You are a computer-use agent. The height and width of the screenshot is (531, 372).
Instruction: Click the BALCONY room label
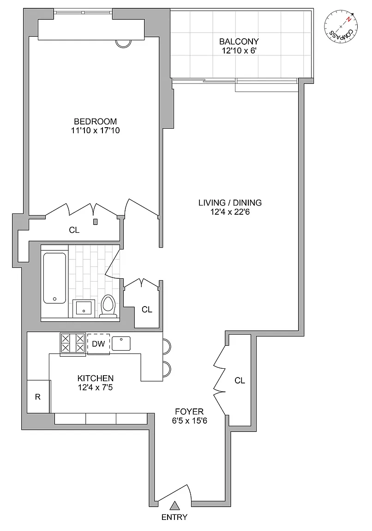[x=239, y=41]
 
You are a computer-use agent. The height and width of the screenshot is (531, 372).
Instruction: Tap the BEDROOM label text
[x=95, y=121]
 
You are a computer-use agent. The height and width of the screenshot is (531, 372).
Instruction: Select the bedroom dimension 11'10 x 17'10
[x=95, y=131]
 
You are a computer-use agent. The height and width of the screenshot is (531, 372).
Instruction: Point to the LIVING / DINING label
[x=230, y=203]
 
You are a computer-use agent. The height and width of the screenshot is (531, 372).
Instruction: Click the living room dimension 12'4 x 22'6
[x=230, y=212]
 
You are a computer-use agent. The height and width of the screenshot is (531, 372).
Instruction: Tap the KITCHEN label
[x=95, y=378]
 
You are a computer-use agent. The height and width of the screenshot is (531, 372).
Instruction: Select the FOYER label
[x=189, y=412]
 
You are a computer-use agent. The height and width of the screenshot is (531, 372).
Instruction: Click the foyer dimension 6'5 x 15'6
[x=189, y=421]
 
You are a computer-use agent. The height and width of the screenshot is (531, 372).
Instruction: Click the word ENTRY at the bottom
[x=174, y=517]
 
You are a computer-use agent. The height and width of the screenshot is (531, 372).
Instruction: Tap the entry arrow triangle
[x=174, y=506]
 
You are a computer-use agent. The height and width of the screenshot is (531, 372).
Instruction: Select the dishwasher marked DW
[x=98, y=344]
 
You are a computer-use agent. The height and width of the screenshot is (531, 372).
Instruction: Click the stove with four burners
[x=72, y=344]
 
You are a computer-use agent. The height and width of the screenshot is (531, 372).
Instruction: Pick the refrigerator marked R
[x=38, y=396]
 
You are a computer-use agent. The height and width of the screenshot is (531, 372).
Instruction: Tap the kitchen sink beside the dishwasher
[x=121, y=343]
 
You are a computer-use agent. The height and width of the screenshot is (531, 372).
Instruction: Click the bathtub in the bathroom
[x=54, y=278]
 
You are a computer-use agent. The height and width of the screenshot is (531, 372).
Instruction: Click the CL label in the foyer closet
[x=240, y=381]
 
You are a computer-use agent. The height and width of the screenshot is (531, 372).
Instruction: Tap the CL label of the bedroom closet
[x=74, y=230]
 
